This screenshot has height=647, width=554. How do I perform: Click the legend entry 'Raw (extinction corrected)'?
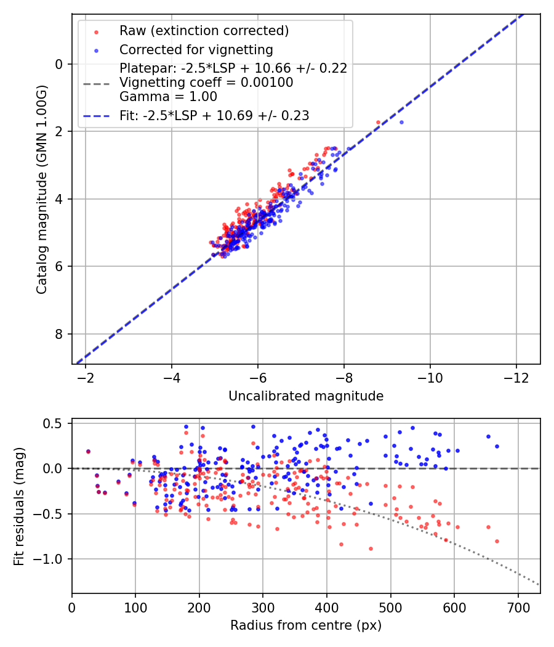pos(204,31)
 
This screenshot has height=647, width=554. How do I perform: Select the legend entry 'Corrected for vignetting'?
pos(196,49)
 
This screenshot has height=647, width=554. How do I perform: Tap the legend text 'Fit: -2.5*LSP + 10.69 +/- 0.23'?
pos(214,115)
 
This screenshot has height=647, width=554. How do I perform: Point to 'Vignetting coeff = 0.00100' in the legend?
pos(206,83)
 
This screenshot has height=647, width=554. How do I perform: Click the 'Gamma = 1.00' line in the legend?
pos(168,97)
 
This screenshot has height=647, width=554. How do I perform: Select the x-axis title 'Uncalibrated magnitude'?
pos(306,396)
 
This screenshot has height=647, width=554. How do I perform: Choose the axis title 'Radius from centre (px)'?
pos(306,625)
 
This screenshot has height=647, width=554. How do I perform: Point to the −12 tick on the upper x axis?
pos(516,376)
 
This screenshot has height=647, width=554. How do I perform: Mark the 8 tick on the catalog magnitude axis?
pos(59,334)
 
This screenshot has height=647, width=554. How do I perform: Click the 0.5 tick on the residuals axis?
pos(56,423)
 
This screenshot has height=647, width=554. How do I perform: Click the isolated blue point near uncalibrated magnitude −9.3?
pos(401,122)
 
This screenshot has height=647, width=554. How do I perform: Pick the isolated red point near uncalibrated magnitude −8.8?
pos(378,122)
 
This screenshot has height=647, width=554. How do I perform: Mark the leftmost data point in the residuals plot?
pos(88,451)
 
